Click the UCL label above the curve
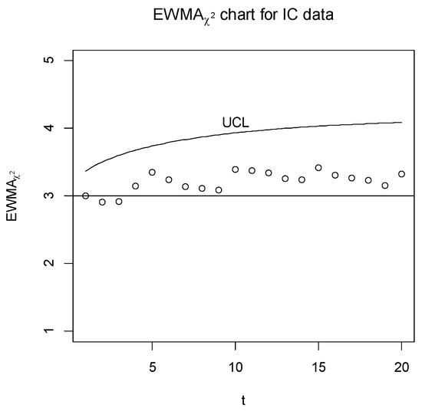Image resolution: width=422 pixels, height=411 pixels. pos(236,122)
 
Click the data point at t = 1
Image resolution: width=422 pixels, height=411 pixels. pos(85,196)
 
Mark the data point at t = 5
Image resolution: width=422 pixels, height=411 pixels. pos(152,173)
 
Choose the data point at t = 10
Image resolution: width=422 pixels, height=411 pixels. pos(235,169)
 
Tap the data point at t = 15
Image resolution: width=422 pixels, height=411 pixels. pos(318,167)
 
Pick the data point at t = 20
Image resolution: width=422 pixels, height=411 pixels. pos(401,174)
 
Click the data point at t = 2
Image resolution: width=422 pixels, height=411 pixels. pos(102,202)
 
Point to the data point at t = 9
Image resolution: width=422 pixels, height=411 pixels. pos(219,189)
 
